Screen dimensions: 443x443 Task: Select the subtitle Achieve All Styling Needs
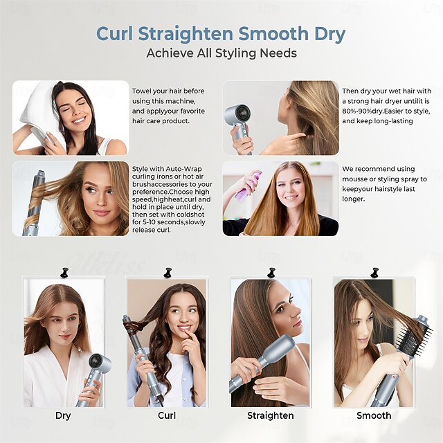(221, 53)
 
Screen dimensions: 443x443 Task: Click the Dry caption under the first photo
(63, 415)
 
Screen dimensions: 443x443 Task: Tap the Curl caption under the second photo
(166, 415)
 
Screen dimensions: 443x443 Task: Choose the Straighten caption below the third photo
(270, 415)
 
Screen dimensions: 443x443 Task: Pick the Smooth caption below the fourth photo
(374, 415)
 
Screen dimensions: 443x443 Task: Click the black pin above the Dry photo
(64, 273)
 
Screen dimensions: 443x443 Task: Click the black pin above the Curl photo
(168, 273)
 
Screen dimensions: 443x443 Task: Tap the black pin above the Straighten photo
(271, 273)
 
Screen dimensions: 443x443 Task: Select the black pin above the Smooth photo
(374, 273)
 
